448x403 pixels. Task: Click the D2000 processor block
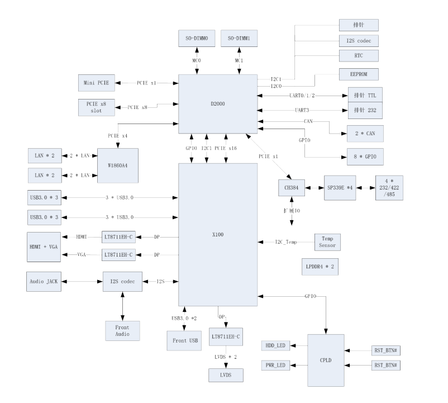coord(218,103)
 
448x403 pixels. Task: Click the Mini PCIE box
coord(96,83)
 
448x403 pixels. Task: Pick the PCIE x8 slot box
coord(96,106)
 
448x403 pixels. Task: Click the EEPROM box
coord(359,75)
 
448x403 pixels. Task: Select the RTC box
coord(359,55)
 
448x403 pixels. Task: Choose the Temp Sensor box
coord(327,241)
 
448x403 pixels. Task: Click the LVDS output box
coord(226,375)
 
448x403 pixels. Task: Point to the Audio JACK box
coord(44,281)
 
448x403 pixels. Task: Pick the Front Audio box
coord(122,330)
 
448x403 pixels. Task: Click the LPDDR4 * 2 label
coord(319,267)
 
